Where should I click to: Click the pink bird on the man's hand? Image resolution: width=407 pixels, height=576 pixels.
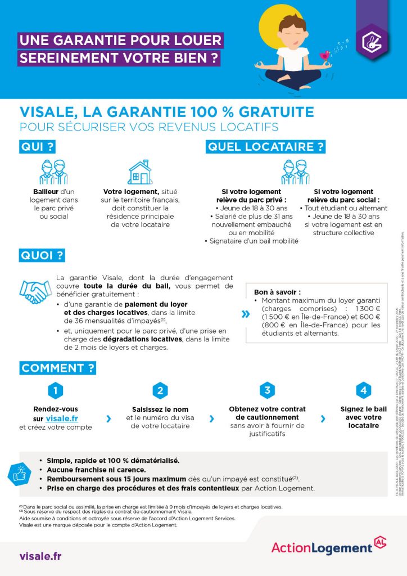[x=325, y=55]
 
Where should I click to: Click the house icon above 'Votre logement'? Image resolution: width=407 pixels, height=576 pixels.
[x=140, y=172]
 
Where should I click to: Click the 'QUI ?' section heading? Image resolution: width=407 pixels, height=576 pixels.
[x=38, y=147]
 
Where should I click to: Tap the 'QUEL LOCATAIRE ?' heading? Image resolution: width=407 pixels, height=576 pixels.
[x=266, y=147]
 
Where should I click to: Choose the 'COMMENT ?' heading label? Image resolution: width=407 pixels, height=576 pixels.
[x=58, y=368]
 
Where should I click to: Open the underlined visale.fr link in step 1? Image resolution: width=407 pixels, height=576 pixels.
[x=62, y=403]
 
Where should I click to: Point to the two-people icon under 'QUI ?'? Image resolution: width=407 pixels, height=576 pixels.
[x=54, y=172]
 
